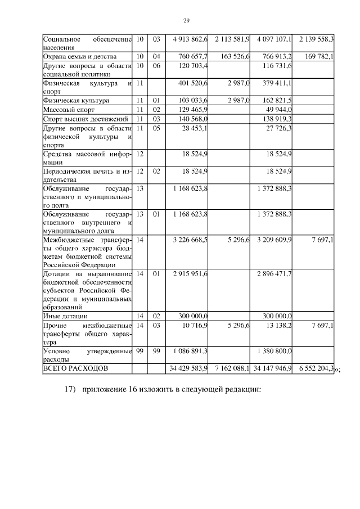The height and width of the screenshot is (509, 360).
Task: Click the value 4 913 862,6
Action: point(188,39)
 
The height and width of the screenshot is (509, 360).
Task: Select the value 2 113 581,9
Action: point(231,39)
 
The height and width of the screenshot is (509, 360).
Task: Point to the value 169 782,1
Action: point(318,57)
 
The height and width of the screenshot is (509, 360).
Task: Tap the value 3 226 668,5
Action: point(188,240)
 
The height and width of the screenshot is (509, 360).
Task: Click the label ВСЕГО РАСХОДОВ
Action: point(74,368)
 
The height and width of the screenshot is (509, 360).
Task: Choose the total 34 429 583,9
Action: point(188,368)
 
